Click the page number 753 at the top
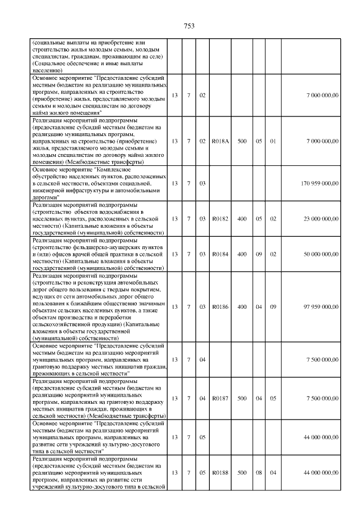click(x=189, y=25)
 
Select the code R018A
click(x=219, y=141)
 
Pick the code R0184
click(x=219, y=254)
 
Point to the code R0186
click(x=219, y=307)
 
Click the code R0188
click(x=219, y=474)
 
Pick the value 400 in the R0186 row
click(x=241, y=307)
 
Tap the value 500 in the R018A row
click(x=241, y=141)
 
